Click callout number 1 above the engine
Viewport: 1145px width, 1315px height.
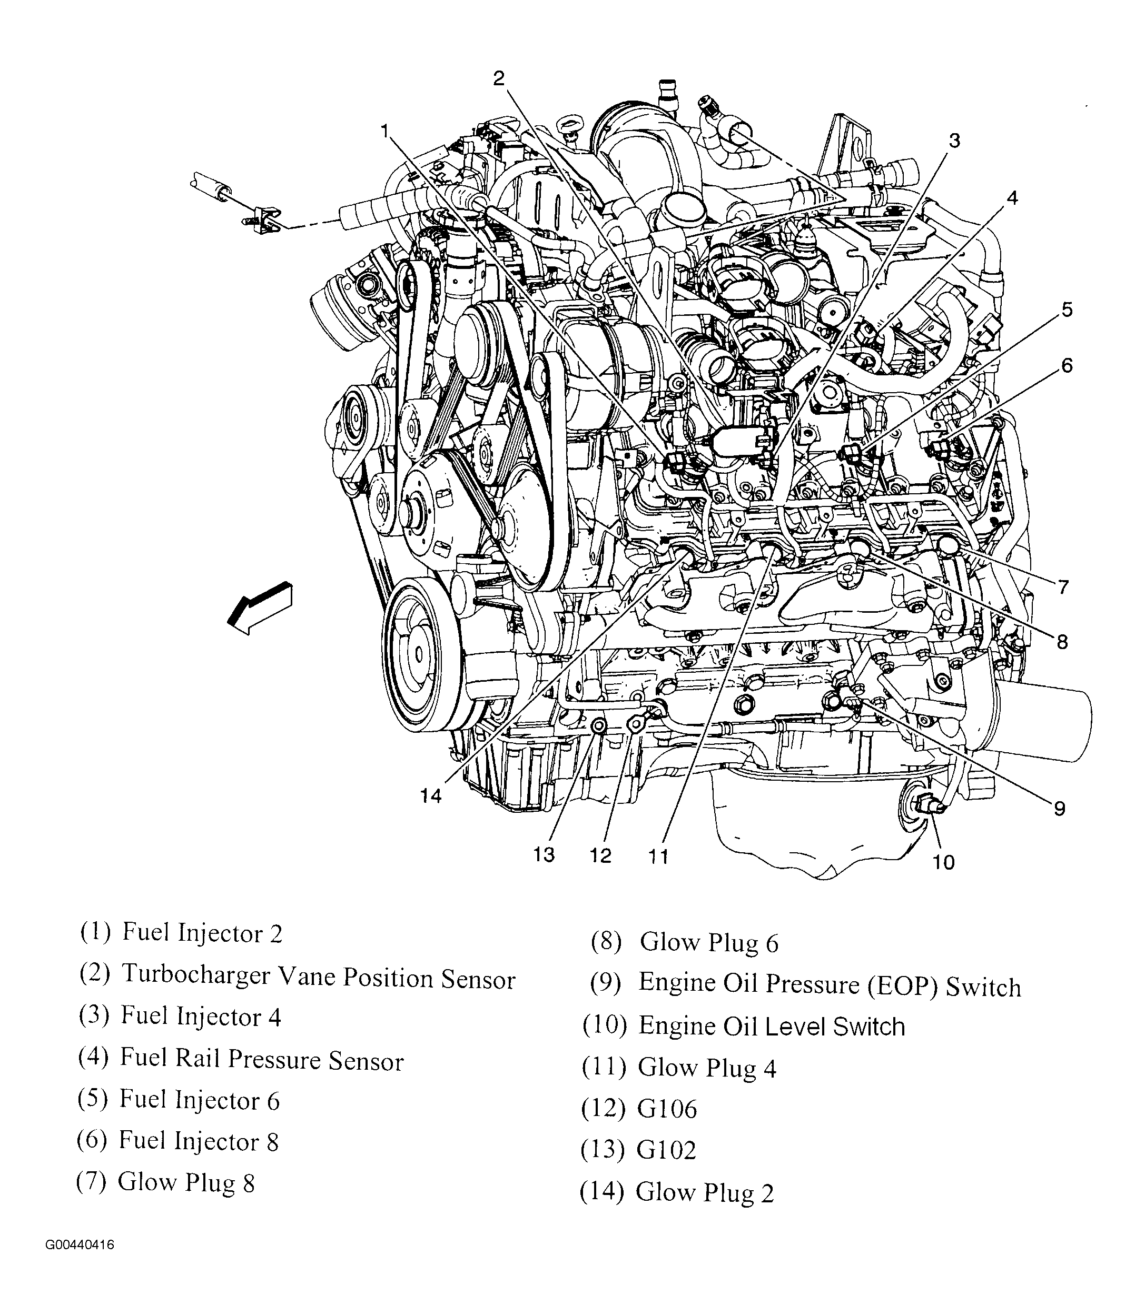(x=384, y=131)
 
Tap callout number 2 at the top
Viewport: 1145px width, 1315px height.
(x=499, y=78)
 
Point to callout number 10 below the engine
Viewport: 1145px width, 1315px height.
(x=943, y=863)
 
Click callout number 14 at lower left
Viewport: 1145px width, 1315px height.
(x=431, y=796)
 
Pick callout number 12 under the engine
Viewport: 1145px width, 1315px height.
(x=600, y=855)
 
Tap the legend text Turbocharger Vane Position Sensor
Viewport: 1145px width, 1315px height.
(x=318, y=977)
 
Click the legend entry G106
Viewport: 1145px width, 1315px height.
(x=667, y=1109)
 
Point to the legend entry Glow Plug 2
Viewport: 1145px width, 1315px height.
(x=705, y=1192)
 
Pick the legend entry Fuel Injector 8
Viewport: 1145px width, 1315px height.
(x=199, y=1141)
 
